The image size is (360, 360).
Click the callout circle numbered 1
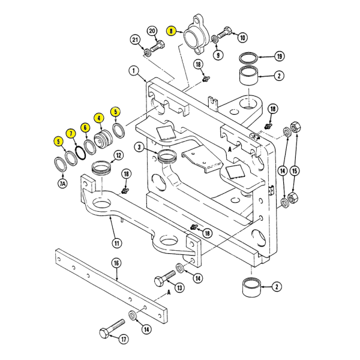[x=133, y=71]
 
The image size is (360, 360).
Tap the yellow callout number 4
[x=98, y=118]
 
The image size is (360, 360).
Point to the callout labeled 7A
[x=62, y=184]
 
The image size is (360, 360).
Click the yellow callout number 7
[x=71, y=133]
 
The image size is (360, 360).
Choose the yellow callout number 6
[x=85, y=127]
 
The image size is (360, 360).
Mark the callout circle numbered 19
[x=278, y=57]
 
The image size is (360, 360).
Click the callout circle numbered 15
[x=294, y=170]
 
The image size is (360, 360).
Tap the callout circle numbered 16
[x=116, y=262]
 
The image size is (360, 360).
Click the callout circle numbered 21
[x=136, y=40]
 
